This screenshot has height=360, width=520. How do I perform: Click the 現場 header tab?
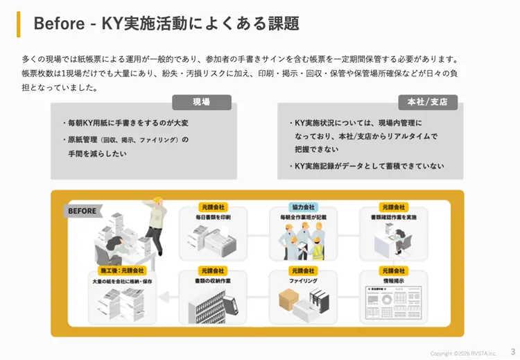[x=201, y=102]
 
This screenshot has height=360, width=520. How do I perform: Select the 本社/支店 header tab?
[x=427, y=102]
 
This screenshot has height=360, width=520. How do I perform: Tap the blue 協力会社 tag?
[x=303, y=207]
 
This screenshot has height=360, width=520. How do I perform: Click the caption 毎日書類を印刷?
[x=214, y=217]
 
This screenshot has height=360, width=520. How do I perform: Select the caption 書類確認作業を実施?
[x=393, y=217]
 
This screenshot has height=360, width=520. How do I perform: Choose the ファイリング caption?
[x=303, y=281]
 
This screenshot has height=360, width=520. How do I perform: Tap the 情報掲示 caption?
[x=393, y=281]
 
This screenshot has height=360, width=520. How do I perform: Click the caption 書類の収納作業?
[x=214, y=281]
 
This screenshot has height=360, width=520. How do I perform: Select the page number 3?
[x=513, y=352]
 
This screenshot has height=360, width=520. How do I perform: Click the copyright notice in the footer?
[x=463, y=354]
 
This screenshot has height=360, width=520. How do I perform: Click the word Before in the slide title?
[x=58, y=24]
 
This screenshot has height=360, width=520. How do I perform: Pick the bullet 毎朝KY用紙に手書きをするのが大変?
[x=128, y=123]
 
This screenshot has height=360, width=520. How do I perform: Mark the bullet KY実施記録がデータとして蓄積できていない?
[x=368, y=166]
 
